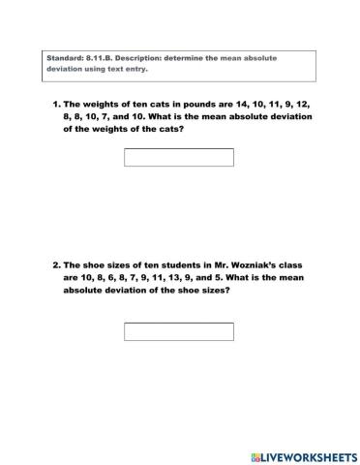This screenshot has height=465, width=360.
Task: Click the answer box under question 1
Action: tap(179, 157)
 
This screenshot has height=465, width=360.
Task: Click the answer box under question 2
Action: tap(179, 331)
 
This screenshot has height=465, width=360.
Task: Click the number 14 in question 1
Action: tap(247, 104)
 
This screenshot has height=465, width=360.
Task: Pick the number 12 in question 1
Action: tap(312, 104)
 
